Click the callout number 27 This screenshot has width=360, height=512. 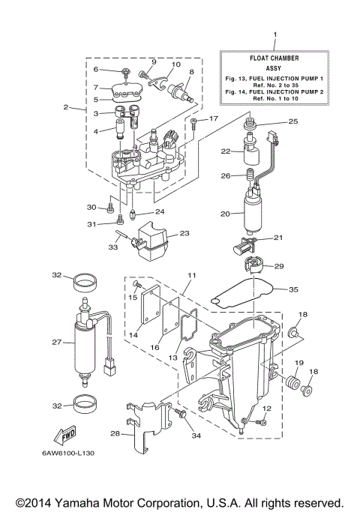(56, 342)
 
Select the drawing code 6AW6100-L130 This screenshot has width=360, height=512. (67, 453)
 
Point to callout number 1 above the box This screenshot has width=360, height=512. (274, 35)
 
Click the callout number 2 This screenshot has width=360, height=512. (67, 106)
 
